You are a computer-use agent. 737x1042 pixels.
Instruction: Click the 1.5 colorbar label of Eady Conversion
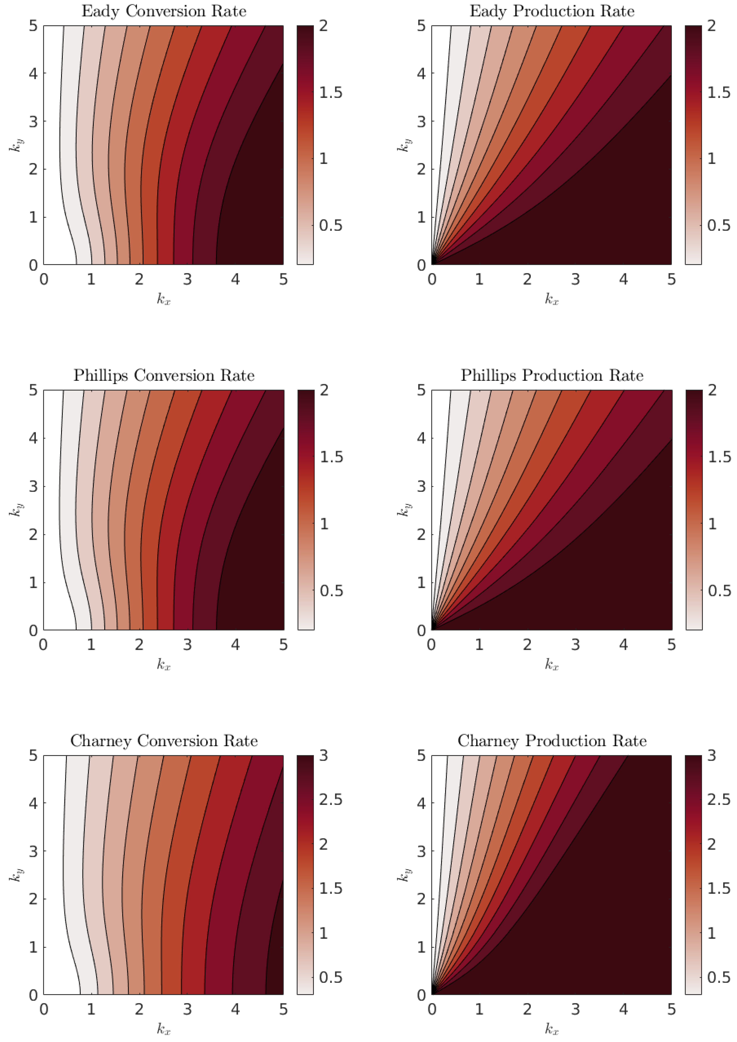330,93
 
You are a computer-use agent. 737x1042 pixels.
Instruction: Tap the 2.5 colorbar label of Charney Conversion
330,800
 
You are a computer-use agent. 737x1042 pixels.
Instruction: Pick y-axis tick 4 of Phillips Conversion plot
33,438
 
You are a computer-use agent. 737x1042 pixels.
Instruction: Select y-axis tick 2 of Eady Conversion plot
33,169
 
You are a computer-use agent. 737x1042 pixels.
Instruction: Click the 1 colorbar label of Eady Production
712,159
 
